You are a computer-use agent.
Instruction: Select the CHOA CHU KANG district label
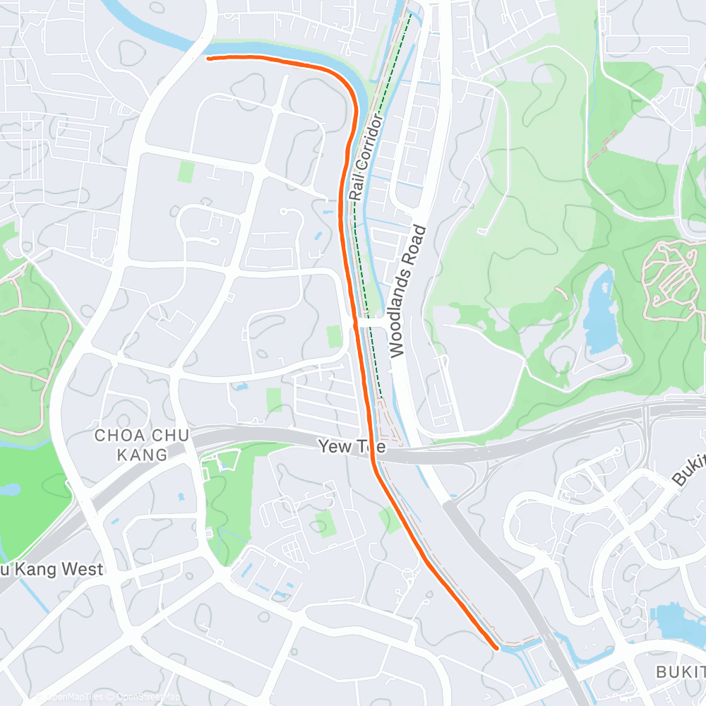tap(142, 445)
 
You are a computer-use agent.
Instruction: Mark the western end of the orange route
tap(208, 59)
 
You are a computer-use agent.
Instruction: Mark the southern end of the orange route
tap(496, 646)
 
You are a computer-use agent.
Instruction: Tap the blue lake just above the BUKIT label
tap(678, 621)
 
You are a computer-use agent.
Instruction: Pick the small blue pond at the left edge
tap(11, 489)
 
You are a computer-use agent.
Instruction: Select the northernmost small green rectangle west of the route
tap(186, 171)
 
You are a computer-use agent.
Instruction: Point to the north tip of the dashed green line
tap(410, 14)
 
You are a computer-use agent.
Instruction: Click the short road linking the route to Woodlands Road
tap(374, 322)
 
